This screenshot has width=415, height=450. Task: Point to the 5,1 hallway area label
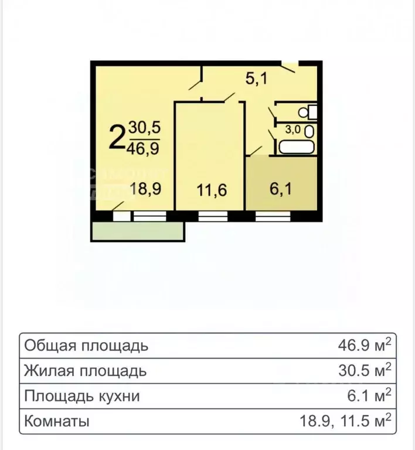(256, 78)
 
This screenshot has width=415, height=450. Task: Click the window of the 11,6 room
(213, 216)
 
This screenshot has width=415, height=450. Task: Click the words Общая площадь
(86, 346)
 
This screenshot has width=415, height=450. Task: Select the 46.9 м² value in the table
(363, 345)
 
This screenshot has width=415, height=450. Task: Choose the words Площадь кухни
(82, 396)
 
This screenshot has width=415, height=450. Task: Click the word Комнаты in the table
(57, 421)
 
